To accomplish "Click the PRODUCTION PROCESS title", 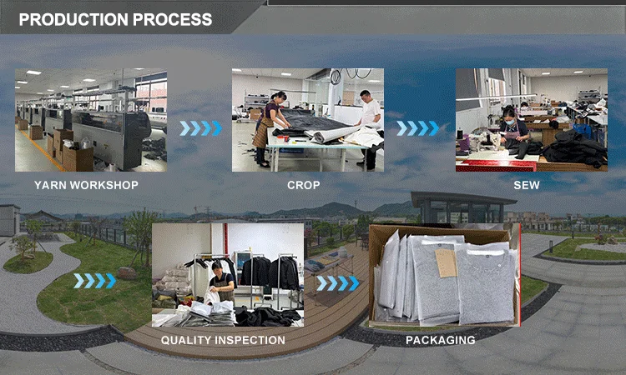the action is coord(115,19).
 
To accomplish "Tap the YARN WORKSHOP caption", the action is coord(86,185).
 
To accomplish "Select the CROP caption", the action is coord(304,185).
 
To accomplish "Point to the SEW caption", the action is coord(527,185).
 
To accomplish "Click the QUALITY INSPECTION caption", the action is coord(223,340).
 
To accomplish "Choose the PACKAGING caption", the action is coord(441,340).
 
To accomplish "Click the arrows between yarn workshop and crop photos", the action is coord(200,128).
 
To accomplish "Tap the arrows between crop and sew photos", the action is coord(417,128).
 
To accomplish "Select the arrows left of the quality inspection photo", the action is coord(95,281).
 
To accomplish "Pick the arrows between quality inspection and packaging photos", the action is coord(338,283).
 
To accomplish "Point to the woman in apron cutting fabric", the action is coord(270,128).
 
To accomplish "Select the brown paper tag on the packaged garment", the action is coord(446,263).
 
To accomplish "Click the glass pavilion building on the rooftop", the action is coord(463,208).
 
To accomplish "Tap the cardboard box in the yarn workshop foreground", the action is coord(78,158).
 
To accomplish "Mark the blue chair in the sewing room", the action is coord(582,131).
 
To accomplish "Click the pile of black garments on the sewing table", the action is coord(575,149).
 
